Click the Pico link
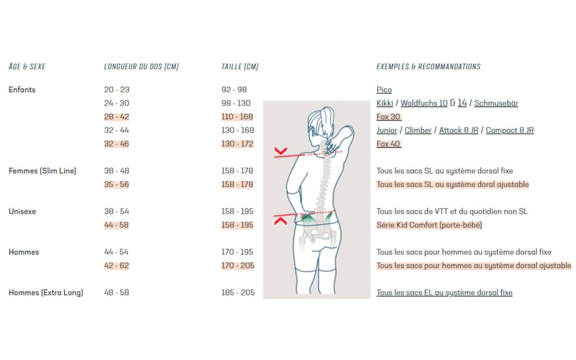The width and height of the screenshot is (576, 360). pos(384,90)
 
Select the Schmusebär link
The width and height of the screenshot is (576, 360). pos(496,103)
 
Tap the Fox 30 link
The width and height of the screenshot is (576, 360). pos(388,117)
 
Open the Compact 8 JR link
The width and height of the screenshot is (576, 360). pos(510,130)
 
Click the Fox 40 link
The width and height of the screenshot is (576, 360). pos(388,144)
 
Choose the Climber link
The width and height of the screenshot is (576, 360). pos(418,130)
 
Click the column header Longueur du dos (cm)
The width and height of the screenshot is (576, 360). pos(141,67)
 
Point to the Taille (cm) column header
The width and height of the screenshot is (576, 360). pos(240,67)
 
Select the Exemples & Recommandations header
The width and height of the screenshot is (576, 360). pos(428,67)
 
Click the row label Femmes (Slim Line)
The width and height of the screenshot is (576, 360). pos(42,171)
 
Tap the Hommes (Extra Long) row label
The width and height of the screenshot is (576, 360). pos(46,293)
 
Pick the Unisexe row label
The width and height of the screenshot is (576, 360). pos(22,211)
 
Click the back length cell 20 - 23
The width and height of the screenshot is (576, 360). pos(117,90)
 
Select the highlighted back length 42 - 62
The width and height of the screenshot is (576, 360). pos(117,266)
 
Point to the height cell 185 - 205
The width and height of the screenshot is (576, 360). pos(238,293)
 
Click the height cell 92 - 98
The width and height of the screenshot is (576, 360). pos(234,90)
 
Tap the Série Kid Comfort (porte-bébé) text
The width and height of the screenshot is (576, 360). pos(429,225)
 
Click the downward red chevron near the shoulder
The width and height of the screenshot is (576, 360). pos(280,151)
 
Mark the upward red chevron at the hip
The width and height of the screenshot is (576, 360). pos(280,221)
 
